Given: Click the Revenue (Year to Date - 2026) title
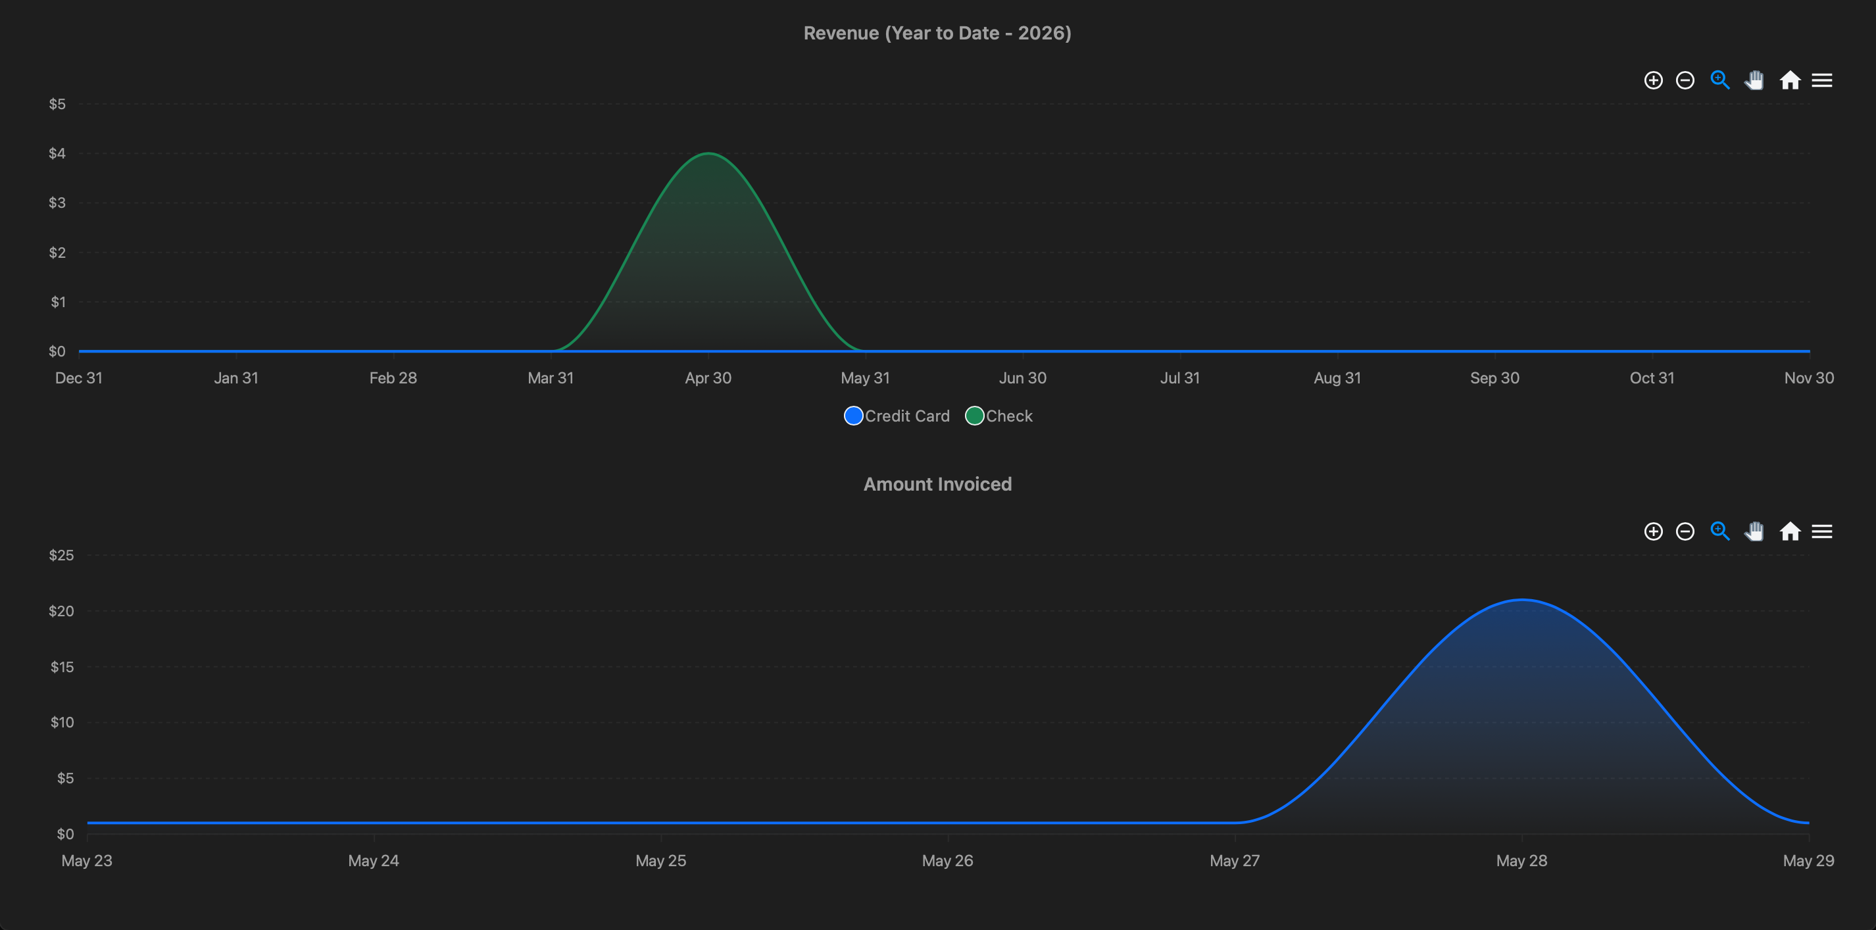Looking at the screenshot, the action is click(x=937, y=34).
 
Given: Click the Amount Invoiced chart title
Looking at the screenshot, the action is click(x=937, y=484).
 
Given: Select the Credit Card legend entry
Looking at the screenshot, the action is click(x=897, y=416).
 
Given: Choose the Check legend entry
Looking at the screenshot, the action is click(x=999, y=416).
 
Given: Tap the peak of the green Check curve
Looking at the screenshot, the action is click(x=708, y=153).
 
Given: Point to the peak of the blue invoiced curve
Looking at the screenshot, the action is click(x=1522, y=599).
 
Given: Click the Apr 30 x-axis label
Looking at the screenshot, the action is click(x=708, y=378).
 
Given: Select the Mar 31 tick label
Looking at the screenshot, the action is click(x=551, y=378).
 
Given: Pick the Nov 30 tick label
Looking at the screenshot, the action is click(x=1809, y=378).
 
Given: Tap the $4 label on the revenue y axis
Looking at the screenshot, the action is click(x=57, y=153).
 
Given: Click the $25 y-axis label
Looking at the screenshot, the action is click(x=61, y=555).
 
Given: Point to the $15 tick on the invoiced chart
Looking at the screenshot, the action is click(x=62, y=666).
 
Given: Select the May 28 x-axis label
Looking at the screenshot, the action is click(x=1521, y=861).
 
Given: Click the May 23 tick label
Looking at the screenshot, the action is click(x=87, y=861).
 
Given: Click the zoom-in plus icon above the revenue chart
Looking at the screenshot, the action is click(x=1653, y=80).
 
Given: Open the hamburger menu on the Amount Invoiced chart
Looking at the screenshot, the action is click(x=1822, y=531).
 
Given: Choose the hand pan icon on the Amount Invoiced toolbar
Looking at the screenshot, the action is click(x=1754, y=531).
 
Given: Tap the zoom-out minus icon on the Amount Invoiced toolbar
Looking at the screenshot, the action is click(x=1685, y=531).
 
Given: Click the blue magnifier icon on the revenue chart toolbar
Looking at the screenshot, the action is click(x=1720, y=80).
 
